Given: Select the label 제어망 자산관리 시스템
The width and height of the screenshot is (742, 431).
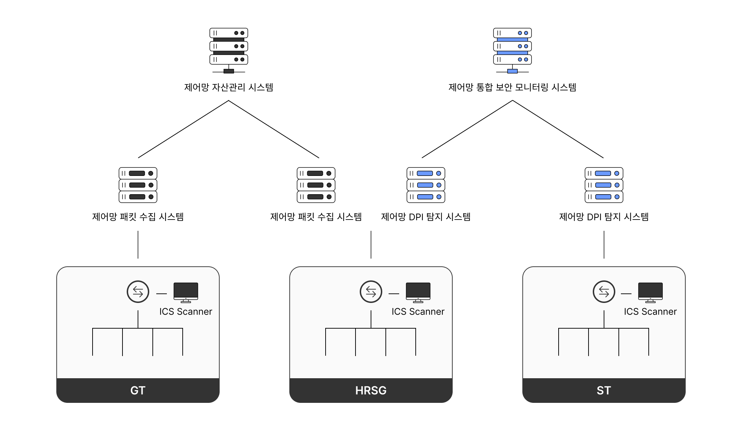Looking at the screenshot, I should point(229,87).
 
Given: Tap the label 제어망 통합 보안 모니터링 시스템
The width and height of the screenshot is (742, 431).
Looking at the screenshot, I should point(513,87).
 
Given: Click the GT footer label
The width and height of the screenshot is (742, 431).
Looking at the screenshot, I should point(138,391).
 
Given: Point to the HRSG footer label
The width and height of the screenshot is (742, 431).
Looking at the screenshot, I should point(371,391).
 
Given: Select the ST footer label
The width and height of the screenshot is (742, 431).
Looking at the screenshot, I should point(604,391).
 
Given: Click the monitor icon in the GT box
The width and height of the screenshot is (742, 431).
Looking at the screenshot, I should point(186,292).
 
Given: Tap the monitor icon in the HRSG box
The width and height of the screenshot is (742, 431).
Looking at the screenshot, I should point(418,292).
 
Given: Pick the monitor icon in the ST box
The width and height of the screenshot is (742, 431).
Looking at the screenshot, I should point(650,292).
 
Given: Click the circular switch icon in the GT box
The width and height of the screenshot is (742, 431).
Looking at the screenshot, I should point(138,292).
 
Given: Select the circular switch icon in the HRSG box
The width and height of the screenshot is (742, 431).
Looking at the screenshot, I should point(371,292).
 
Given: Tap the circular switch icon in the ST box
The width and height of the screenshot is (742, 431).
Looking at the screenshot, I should point(604,292).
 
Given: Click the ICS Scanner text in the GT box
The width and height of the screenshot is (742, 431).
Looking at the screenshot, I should point(186,312).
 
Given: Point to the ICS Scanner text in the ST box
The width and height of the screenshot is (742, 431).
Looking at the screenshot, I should point(650,312).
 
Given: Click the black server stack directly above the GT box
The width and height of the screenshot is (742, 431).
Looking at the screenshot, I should point(138,185).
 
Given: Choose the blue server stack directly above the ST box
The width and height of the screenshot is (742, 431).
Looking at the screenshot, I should point(604,185).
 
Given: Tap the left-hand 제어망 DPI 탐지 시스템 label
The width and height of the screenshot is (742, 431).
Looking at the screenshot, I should point(426,217).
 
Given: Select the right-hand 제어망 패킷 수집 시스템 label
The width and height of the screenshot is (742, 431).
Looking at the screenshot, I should point(316,217).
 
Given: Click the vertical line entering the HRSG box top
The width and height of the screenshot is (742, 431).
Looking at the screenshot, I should point(371,245).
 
